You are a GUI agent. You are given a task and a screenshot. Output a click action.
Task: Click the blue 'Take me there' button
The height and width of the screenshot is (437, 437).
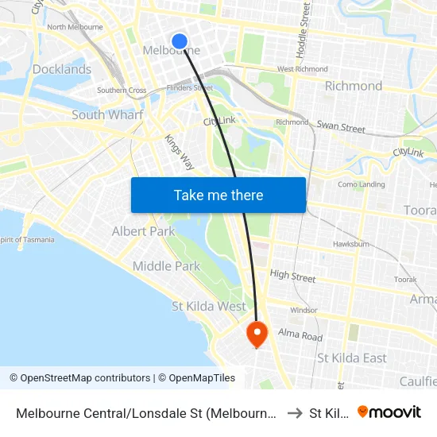click(x=218, y=195)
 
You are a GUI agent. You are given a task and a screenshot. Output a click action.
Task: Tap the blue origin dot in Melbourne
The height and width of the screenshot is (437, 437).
click(x=180, y=41)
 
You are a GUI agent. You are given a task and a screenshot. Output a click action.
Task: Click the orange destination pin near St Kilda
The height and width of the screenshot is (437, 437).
click(x=257, y=333)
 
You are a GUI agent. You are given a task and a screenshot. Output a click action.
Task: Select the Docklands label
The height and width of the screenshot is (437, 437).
click(x=62, y=69)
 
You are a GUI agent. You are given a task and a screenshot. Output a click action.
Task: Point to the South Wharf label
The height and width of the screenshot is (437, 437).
click(x=107, y=114)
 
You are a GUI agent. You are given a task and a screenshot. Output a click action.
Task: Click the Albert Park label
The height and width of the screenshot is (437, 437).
click(x=143, y=231)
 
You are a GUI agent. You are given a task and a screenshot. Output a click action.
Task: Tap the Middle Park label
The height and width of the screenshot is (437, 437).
click(x=166, y=266)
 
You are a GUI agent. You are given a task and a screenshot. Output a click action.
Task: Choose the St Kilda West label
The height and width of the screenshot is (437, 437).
click(x=209, y=306)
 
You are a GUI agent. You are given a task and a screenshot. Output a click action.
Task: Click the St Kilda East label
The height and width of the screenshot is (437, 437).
click(x=352, y=358)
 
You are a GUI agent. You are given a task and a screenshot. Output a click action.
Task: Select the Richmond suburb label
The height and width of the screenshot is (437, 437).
click(x=354, y=86)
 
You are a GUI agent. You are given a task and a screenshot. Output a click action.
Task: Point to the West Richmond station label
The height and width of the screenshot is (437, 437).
click(x=302, y=69)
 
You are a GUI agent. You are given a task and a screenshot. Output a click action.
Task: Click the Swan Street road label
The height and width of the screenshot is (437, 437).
click(x=341, y=127)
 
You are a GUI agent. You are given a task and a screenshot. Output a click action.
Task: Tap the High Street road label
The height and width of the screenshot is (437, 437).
click(x=292, y=277)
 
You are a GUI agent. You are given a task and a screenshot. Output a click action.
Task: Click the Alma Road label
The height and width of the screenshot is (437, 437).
click(x=300, y=335)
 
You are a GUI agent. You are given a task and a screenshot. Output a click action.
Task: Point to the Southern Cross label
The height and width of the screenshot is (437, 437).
click(x=122, y=91)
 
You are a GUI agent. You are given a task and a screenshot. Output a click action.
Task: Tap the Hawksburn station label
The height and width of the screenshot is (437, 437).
click(x=350, y=244)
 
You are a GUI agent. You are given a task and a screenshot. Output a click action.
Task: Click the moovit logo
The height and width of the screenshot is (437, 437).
click(x=389, y=412)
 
